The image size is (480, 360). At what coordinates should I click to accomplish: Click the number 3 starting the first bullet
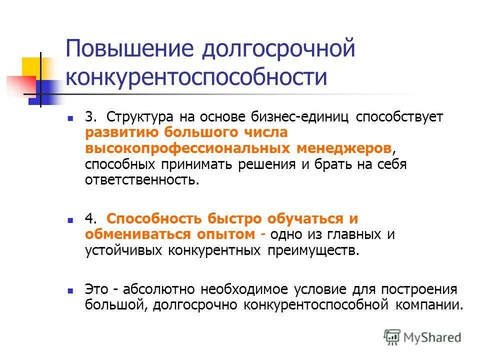pos(89,117)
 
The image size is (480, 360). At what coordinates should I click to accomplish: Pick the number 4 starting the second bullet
pos(89,219)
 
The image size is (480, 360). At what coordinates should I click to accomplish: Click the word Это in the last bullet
pos(95,289)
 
